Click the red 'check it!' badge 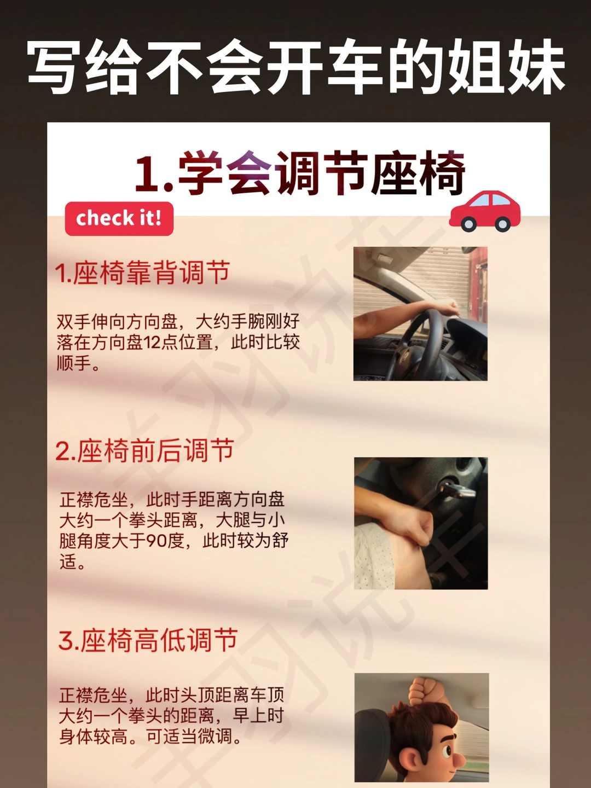(119, 218)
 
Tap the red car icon (485, 211)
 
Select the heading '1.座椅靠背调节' (142, 273)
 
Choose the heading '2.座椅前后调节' (144, 450)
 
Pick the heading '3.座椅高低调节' (148, 640)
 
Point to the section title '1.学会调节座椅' (300, 173)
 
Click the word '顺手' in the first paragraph (74, 363)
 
